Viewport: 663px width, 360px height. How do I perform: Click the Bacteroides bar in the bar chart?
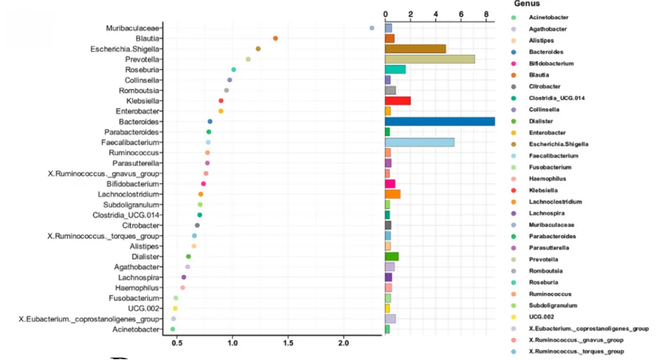click(439, 122)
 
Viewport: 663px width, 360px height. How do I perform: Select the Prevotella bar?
click(430, 59)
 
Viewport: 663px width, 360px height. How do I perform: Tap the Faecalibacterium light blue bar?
click(419, 143)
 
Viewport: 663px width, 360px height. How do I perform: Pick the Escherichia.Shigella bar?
click(415, 49)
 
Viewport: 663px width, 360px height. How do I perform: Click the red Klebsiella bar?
click(398, 101)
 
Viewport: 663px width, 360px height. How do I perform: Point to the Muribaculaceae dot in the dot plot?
click(372, 28)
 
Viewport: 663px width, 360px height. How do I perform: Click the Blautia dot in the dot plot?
click(275, 38)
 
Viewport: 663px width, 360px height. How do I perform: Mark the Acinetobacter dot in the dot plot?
click(172, 329)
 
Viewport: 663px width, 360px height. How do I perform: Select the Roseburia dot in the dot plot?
click(233, 70)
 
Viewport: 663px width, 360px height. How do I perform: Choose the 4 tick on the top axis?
click(436, 14)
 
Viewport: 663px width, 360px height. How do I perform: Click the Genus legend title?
click(528, 5)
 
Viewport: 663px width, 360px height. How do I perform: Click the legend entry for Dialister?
click(542, 120)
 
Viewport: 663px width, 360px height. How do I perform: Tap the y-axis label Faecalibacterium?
click(135, 143)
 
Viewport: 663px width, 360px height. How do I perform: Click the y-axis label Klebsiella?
click(143, 101)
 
